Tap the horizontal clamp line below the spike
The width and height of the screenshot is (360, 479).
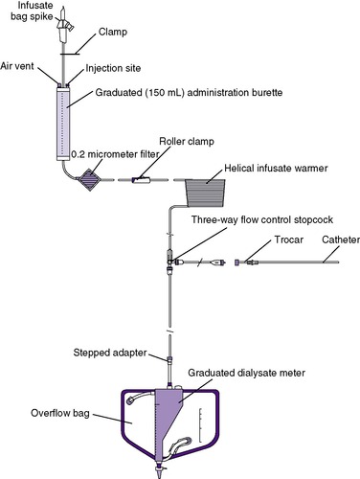click(x=70, y=54)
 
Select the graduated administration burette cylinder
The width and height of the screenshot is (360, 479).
click(x=63, y=124)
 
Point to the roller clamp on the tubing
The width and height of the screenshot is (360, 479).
click(x=141, y=180)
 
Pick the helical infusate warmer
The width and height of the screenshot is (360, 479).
click(x=206, y=193)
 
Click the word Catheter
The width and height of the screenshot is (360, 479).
click(x=341, y=239)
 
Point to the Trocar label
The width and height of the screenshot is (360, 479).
click(x=289, y=239)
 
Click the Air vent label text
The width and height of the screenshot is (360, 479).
click(x=17, y=66)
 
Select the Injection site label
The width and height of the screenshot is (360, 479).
click(x=113, y=68)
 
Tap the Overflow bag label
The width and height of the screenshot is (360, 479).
click(x=60, y=413)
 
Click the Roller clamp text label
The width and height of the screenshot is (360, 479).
click(x=187, y=142)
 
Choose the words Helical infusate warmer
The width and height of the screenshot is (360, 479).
click(x=276, y=168)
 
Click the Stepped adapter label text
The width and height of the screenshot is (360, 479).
click(x=110, y=353)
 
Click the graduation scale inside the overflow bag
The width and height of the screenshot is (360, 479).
click(x=201, y=425)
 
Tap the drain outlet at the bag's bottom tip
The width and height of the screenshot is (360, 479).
click(x=160, y=472)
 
